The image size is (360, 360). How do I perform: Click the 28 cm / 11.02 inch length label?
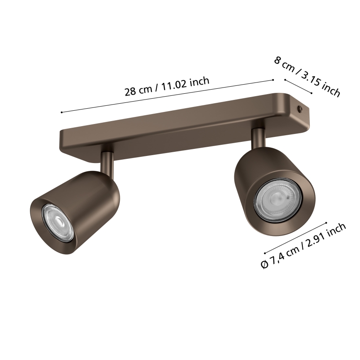(167, 86)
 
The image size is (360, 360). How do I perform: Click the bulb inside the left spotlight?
(57, 222)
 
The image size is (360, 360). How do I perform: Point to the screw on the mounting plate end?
(301, 109)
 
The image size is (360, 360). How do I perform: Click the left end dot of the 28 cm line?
(61, 112)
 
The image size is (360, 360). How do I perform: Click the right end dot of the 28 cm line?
(273, 80)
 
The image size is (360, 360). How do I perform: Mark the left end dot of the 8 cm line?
(285, 80)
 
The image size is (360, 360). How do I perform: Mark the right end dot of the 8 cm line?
(311, 93)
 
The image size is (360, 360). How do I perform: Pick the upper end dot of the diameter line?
(327, 223)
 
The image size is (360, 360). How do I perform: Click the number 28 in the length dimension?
(131, 92)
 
